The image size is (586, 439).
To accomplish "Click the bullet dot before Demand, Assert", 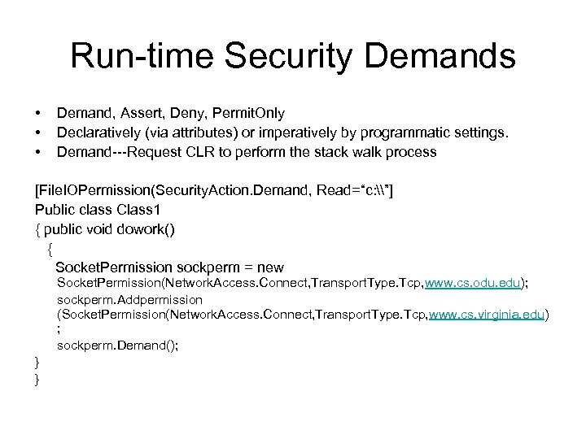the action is point(37,113).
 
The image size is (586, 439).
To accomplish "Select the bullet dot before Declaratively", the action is point(37,133).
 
